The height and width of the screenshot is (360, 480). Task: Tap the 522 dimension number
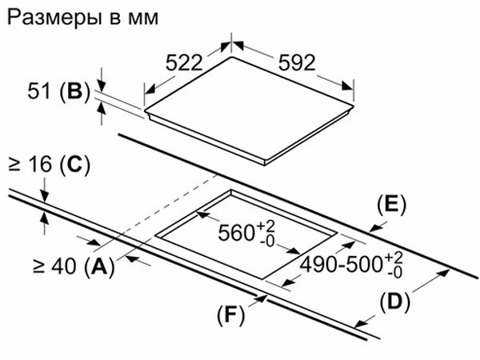coord(186,64)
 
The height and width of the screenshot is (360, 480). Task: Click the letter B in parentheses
coord(74,93)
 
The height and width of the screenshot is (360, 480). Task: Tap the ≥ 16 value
coord(30,166)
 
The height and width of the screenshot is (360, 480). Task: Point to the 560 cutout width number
coord(237,234)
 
